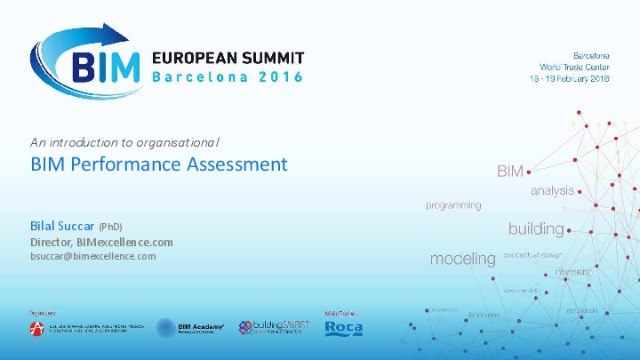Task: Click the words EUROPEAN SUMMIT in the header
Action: tap(228, 57)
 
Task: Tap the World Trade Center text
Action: tap(573, 67)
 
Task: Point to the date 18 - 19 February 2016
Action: tap(569, 80)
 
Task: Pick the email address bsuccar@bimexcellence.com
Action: tap(92, 256)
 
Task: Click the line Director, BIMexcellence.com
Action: tap(101, 242)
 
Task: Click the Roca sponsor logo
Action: tap(343, 329)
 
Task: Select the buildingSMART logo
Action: tap(274, 328)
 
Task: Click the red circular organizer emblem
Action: tap(38, 329)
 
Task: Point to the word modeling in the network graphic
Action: tap(462, 260)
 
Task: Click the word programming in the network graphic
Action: tap(453, 205)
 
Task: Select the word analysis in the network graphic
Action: tap(552, 191)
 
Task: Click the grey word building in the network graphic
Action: tap(536, 229)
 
